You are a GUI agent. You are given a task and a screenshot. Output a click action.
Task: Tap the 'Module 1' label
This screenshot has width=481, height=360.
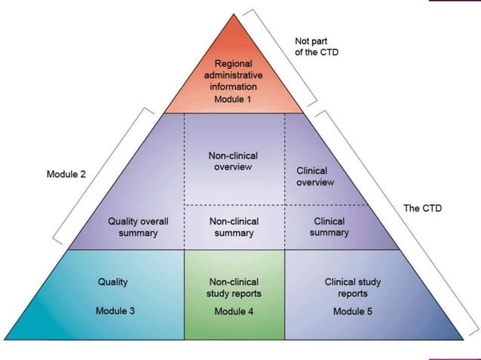(x=234, y=100)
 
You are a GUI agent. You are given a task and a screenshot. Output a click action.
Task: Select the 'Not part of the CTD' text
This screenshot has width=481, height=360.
(x=315, y=47)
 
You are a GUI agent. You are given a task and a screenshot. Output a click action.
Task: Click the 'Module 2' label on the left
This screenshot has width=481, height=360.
(x=66, y=174)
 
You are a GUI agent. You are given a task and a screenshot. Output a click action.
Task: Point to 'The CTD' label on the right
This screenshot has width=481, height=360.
(x=422, y=208)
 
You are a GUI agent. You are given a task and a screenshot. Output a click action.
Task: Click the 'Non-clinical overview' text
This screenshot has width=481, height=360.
(x=234, y=161)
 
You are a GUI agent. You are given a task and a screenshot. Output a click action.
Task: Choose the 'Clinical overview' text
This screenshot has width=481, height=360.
(x=315, y=176)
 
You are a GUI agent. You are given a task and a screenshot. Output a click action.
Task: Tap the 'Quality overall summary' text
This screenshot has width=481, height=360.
(x=138, y=227)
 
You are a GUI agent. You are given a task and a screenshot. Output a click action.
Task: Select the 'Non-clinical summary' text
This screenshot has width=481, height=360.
(x=234, y=227)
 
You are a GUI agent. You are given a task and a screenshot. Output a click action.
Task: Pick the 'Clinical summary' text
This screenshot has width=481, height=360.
(x=329, y=227)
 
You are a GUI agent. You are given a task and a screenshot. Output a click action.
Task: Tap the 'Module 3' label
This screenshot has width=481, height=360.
(x=115, y=310)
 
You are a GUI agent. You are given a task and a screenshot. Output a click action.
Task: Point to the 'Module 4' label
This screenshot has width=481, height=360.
(x=234, y=311)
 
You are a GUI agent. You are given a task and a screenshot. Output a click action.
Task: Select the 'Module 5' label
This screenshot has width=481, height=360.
(x=352, y=310)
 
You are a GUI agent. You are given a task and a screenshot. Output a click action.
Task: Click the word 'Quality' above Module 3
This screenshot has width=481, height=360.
(x=113, y=282)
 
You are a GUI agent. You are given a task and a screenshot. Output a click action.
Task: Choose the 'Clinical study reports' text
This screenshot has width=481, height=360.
(x=352, y=288)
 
